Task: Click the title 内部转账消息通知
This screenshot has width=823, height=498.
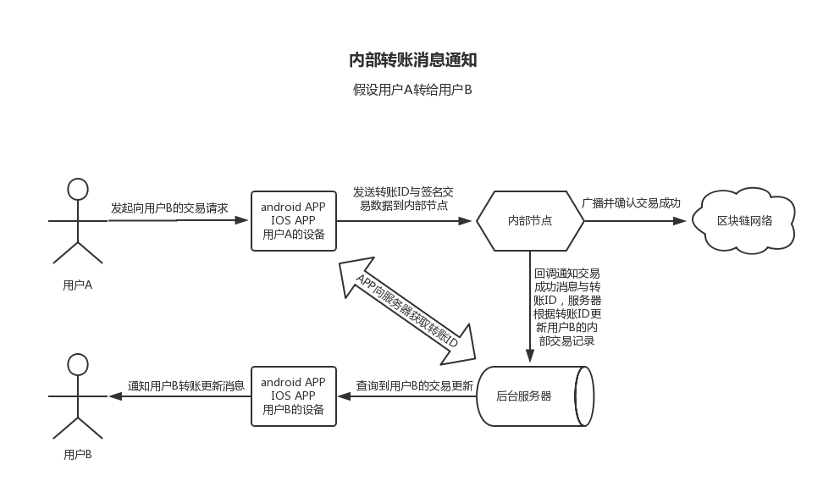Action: [x=413, y=60]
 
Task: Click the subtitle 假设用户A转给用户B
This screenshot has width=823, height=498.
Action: [x=412, y=90]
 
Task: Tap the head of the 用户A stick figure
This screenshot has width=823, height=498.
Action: [x=78, y=188]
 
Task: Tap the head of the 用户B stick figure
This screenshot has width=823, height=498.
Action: [x=78, y=365]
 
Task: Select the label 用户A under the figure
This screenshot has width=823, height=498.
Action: [x=78, y=285]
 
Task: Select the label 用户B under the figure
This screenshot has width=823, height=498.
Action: [x=78, y=455]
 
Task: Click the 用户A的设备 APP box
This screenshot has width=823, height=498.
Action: [x=293, y=221]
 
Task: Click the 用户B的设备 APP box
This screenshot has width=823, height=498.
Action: [x=293, y=396]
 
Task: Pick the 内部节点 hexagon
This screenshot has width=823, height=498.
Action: [x=530, y=221]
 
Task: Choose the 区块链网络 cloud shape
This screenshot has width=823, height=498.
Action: [x=745, y=221]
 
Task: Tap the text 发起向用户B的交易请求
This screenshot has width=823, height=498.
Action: [x=169, y=207]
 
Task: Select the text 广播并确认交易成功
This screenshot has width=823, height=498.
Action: [x=632, y=204]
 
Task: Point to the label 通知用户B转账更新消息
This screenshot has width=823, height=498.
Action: [x=186, y=385]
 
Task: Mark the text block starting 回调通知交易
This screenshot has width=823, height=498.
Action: [x=566, y=307]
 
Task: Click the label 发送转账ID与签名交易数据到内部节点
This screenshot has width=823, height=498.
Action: [x=404, y=198]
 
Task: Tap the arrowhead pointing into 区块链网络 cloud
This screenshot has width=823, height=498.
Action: [x=680, y=221]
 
